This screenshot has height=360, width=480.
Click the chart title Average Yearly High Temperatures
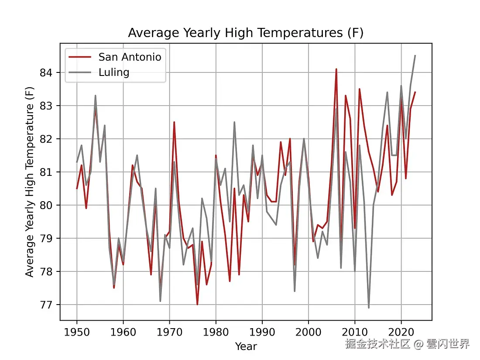point(246,33)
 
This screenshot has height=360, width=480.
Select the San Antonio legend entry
point(130,57)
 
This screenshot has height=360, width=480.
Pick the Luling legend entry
point(114,72)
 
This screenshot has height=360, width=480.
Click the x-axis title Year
point(246,346)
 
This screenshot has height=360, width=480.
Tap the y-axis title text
point(30,182)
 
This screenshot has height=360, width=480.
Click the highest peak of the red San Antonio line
point(336,69)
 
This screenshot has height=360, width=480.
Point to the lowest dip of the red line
point(197,304)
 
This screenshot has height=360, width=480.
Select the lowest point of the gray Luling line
point(369,308)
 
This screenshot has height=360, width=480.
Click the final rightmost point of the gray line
point(415,56)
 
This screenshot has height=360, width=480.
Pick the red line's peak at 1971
point(174,122)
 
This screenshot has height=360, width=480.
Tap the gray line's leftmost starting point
point(77,162)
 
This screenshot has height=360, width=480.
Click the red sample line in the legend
point(81,57)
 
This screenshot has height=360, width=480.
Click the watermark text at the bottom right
point(407,344)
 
